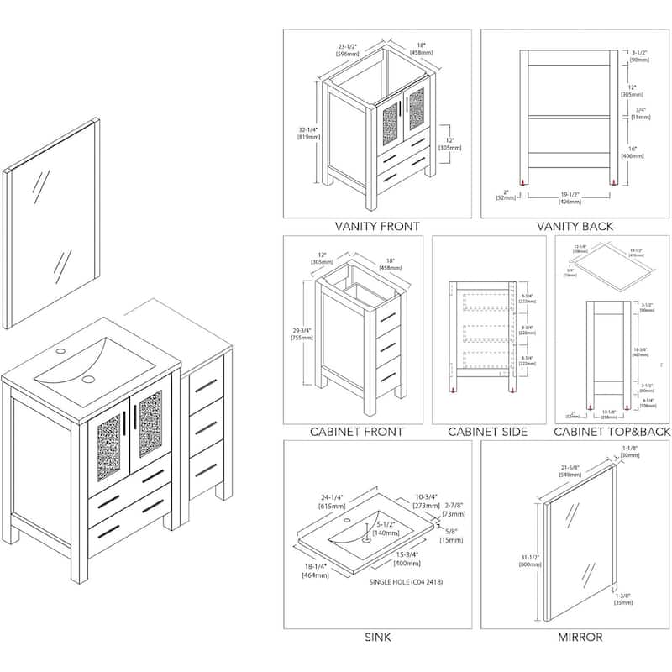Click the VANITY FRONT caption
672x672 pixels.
[377, 226]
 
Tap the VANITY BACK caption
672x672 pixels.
[575, 226]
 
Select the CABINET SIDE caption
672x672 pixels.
[487, 432]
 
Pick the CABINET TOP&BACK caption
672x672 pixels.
[611, 432]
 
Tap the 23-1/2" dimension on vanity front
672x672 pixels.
[349, 50]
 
